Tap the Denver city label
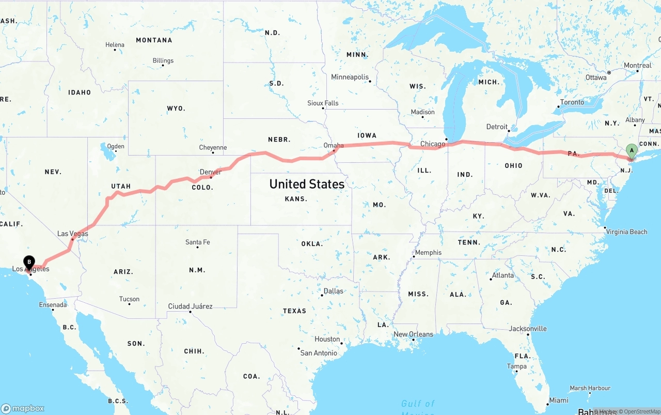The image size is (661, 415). coord(210,172)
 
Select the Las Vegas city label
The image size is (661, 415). coord(72,234)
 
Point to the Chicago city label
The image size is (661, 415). coord(432,144)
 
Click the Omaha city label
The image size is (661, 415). coord(334,145)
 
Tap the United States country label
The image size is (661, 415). coord(307,184)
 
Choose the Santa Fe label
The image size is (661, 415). coord(197,242)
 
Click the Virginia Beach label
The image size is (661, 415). coord(627,232)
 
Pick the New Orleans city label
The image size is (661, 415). coord(413,334)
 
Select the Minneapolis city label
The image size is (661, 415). coord(350,77)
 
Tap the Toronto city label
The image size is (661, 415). coord(572,102)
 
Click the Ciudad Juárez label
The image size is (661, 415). coord(190,306)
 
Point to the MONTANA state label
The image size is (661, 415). coord(154,40)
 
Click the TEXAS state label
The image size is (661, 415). coord(294,311)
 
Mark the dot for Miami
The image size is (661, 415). coord(547,404)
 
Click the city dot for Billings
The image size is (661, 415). coord(162,66)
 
